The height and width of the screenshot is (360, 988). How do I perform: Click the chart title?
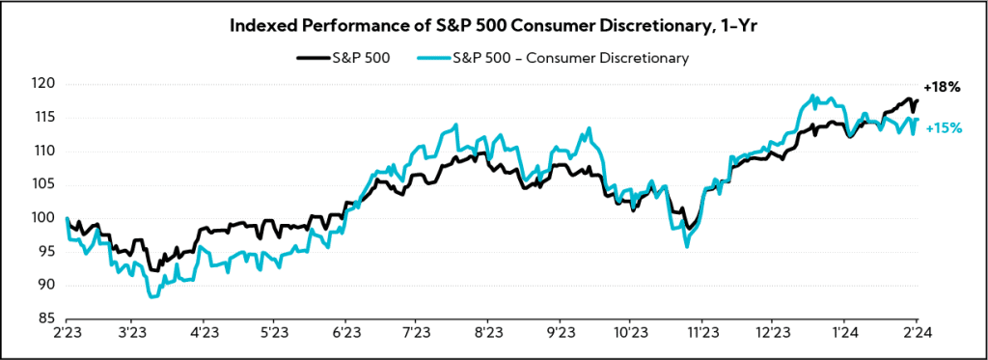coord(493,26)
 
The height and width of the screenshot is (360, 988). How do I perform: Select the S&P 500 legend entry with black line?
coord(343,58)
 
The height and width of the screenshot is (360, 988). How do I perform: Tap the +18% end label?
coord(942,87)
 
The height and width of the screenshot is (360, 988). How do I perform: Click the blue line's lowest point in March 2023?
coord(152,296)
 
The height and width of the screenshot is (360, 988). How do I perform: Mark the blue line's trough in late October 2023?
coord(687,247)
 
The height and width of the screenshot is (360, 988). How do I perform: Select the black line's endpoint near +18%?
coord(917,100)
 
